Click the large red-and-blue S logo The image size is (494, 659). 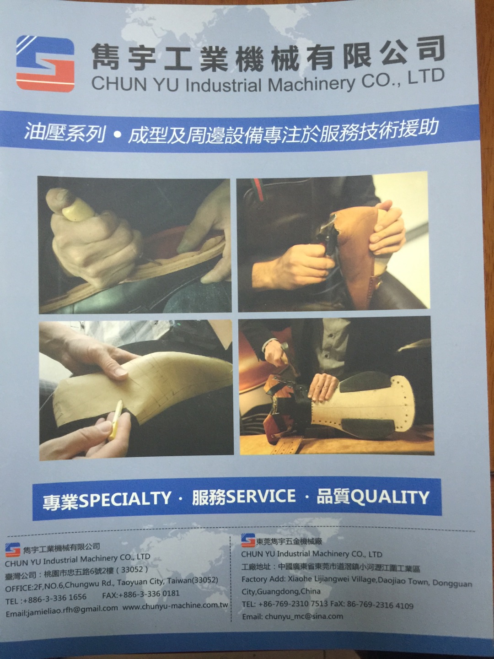pyautogui.click(x=45, y=64)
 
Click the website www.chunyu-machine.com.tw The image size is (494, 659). pyautogui.click(x=176, y=605)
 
